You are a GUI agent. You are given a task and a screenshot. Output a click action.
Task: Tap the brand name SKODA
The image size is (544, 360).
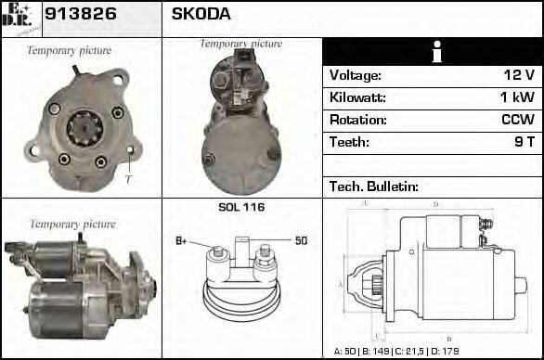201,15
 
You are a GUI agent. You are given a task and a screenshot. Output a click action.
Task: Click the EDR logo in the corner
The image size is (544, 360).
19,18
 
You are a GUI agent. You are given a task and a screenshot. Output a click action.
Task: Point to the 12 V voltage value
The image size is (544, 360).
517,75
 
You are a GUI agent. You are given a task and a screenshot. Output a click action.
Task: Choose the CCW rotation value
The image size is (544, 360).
517,120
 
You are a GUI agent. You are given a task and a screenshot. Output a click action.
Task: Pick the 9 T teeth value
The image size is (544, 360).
523,142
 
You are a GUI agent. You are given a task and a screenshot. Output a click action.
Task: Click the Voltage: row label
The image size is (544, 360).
355,75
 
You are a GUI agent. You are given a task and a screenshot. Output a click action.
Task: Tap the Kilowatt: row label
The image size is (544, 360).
357,97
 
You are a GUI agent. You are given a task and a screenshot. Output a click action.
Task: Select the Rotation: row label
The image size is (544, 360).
356,120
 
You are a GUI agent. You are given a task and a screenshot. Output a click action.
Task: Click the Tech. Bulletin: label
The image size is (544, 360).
372,186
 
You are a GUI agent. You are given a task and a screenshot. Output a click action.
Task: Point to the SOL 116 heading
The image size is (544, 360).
241,207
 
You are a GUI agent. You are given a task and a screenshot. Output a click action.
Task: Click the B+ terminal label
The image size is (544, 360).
182,241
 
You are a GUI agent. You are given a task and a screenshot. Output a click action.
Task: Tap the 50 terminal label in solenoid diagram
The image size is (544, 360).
301,241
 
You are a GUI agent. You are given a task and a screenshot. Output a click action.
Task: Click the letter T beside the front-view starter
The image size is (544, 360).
128,178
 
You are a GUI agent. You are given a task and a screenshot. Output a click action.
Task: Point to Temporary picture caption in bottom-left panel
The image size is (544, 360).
72,224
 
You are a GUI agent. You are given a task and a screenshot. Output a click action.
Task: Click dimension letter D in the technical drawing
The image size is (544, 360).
435,204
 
